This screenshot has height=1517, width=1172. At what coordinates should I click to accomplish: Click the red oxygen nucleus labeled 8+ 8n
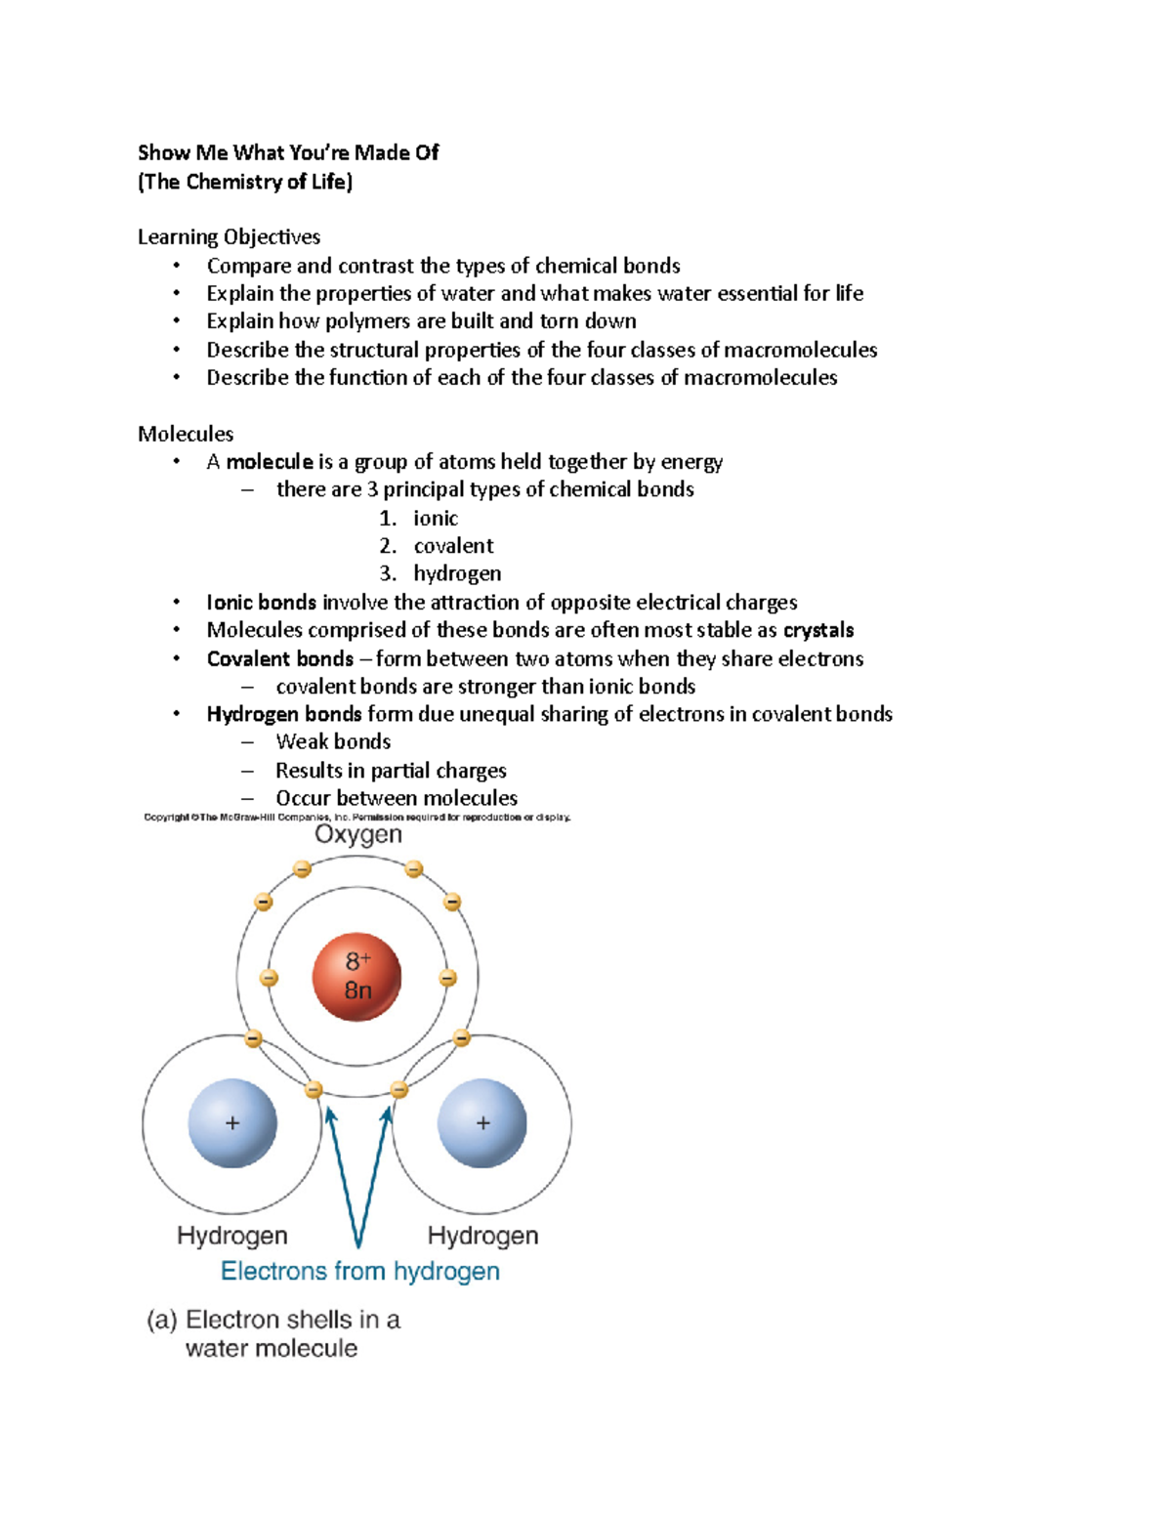pyautogui.click(x=356, y=977)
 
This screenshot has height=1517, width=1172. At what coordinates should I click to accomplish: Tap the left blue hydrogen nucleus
pyautogui.click(x=232, y=1123)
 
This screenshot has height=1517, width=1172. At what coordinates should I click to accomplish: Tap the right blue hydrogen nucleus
pyautogui.click(x=482, y=1123)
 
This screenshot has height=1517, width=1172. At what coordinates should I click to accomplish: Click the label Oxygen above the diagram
pyautogui.click(x=357, y=835)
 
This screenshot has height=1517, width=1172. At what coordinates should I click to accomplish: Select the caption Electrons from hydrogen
pyautogui.click(x=359, y=1271)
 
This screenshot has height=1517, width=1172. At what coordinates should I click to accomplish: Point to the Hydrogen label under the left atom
pyautogui.click(x=232, y=1236)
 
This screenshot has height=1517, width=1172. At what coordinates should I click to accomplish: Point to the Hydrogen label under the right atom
pyautogui.click(x=482, y=1236)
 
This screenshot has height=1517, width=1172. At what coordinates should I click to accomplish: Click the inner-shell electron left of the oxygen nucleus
pyautogui.click(x=269, y=978)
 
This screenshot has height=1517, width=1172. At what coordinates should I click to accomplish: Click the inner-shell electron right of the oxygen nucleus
pyautogui.click(x=447, y=978)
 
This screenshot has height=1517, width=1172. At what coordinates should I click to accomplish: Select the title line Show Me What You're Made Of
pyautogui.click(x=288, y=152)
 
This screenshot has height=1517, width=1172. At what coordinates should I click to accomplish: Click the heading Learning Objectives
pyautogui.click(x=229, y=236)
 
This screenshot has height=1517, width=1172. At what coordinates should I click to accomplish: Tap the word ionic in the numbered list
pyautogui.click(x=435, y=518)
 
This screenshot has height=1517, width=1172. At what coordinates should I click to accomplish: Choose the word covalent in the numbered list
pyautogui.click(x=453, y=546)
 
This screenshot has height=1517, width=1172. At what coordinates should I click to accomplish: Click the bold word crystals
pyautogui.click(x=818, y=630)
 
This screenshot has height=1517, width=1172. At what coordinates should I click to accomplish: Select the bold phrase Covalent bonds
pyautogui.click(x=279, y=658)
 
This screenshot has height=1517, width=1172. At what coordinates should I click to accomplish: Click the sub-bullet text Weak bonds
pyautogui.click(x=333, y=741)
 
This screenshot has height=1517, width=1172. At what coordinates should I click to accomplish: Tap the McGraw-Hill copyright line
pyautogui.click(x=356, y=817)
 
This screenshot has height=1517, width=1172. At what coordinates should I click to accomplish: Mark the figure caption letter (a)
pyautogui.click(x=162, y=1320)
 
